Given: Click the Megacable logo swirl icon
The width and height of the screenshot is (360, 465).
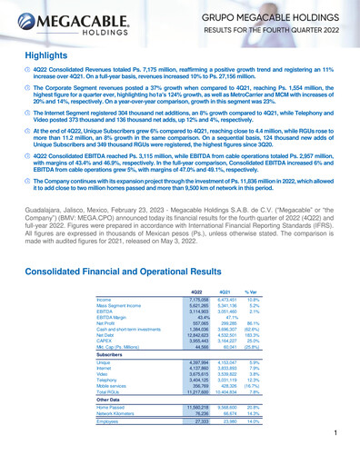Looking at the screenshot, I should click(x=26, y=25).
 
